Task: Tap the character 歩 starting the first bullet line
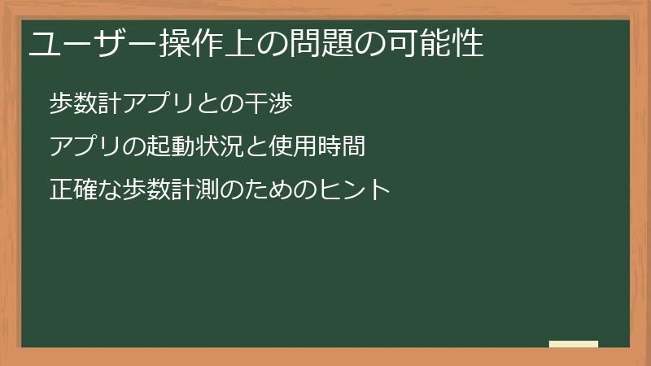pos(60,103)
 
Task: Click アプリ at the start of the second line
pos(84,146)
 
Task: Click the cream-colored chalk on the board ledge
pos(574,344)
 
